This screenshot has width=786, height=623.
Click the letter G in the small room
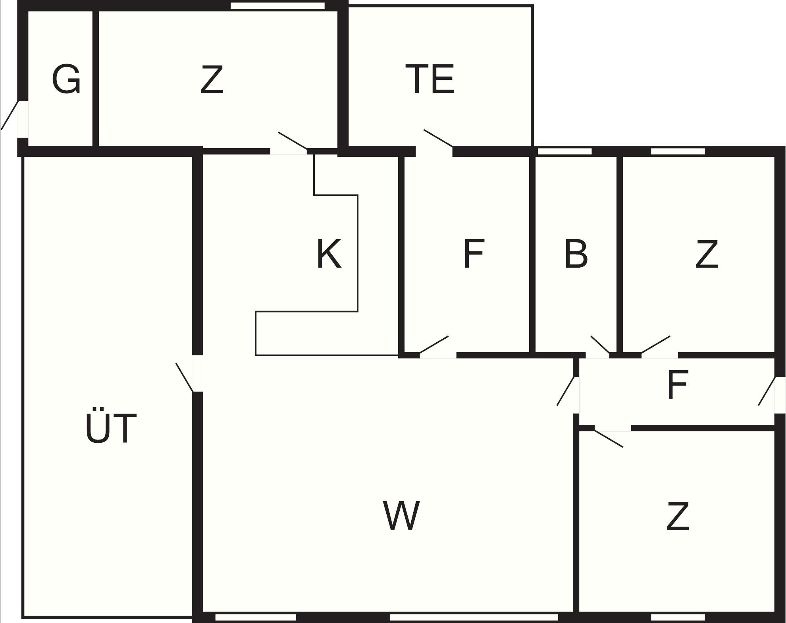[x=66, y=79]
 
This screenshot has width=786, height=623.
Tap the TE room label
[x=430, y=79]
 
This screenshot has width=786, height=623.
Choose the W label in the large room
[x=401, y=515]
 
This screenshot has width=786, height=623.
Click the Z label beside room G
[x=212, y=79]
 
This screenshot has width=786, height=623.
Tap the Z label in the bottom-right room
[x=678, y=516]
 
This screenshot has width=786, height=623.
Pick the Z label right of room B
[x=707, y=254]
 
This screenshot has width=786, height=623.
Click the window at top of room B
[x=564, y=151]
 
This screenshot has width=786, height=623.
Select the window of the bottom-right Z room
[x=678, y=617]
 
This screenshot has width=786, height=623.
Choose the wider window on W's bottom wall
[x=474, y=617]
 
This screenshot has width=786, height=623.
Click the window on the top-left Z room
[x=277, y=6]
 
